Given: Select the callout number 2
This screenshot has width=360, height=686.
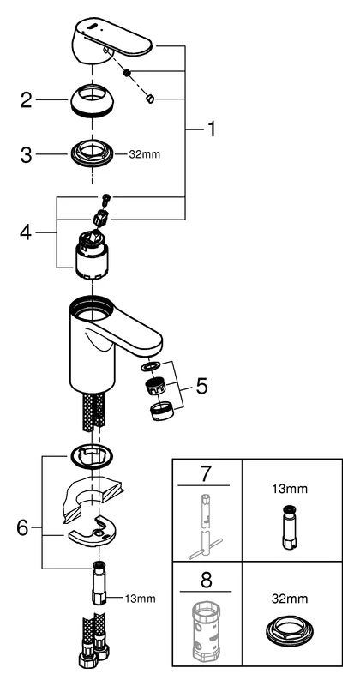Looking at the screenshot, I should pyautogui.click(x=27, y=100).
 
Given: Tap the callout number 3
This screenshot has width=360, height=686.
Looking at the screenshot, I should pyautogui.click(x=27, y=155).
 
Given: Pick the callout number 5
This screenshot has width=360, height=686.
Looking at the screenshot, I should pyautogui.click(x=201, y=386).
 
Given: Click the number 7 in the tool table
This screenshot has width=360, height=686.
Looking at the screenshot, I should pyautogui.click(x=205, y=473).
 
